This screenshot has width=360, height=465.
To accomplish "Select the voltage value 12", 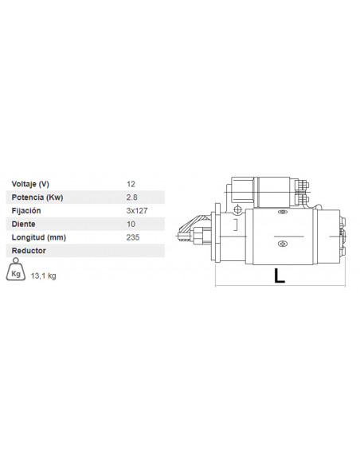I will point(131,184).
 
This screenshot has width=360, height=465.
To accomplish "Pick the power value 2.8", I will point(131,197).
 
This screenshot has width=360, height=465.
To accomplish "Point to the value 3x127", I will point(136,211).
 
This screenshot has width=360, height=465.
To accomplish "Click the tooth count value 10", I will point(131,225).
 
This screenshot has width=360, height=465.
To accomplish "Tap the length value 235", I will point(132,237).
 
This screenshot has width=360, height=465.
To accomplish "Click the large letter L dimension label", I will point(279,275).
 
